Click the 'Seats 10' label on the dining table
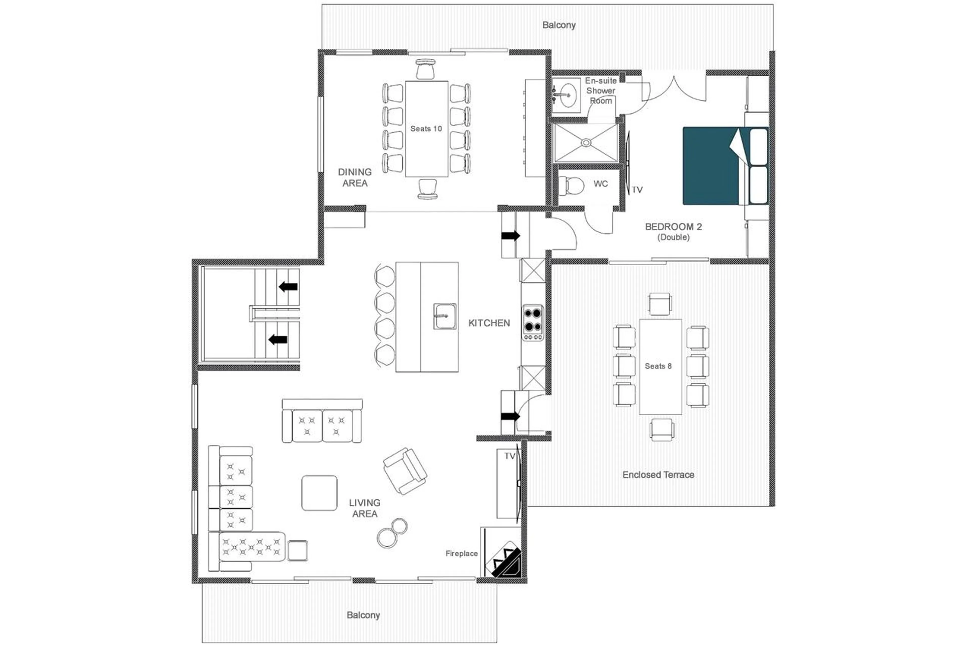coord(426,129)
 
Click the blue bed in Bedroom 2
coord(711,166)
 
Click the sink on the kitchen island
coord(445,316)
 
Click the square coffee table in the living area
coord(319,493)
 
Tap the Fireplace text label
coord(461,553)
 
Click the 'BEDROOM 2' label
coord(673,227)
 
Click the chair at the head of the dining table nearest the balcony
coord(426,69)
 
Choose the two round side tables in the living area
coord(392,533)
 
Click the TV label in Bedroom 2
coord(637,190)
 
